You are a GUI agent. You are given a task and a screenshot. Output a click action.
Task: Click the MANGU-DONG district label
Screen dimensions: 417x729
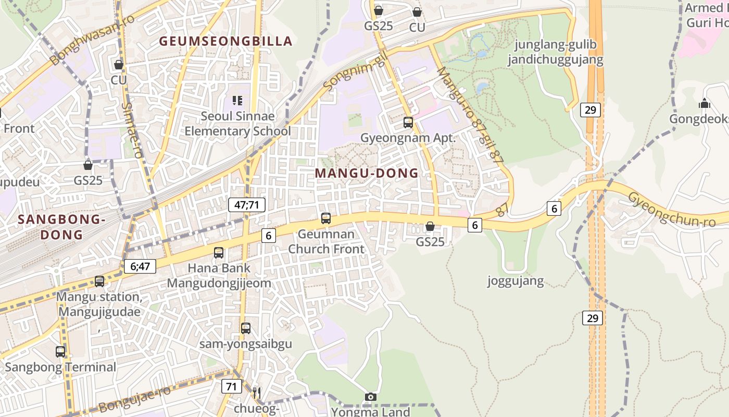click(x=367, y=173)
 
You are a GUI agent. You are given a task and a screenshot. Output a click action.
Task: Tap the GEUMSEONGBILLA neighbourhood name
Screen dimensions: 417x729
click(x=225, y=41)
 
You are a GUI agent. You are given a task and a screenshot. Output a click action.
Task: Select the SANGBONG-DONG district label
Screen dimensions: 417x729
click(x=61, y=227)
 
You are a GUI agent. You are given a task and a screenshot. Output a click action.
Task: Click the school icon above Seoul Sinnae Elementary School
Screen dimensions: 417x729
click(x=237, y=100)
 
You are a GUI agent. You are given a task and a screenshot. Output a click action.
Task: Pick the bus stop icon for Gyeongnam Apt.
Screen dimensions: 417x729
click(x=408, y=122)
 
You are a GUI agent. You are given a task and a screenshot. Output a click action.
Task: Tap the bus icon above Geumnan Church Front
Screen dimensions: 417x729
click(x=326, y=218)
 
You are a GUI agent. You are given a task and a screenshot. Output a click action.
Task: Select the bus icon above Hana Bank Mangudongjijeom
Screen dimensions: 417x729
click(x=219, y=253)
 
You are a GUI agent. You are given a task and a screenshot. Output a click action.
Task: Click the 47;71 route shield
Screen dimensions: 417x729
click(x=247, y=205)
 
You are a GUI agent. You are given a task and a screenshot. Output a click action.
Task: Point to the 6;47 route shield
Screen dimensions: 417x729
click(x=140, y=266)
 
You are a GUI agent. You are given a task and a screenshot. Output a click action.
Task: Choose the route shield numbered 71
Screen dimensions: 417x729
click(x=231, y=386)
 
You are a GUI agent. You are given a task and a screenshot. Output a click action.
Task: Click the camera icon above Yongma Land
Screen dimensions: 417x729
click(x=371, y=397)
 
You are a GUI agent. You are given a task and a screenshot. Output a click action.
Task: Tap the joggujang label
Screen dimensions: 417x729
click(x=516, y=281)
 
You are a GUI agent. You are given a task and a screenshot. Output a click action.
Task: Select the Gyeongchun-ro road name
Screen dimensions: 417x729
click(x=677, y=209)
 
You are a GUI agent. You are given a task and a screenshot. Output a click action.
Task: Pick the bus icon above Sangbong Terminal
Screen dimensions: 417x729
click(x=60, y=352)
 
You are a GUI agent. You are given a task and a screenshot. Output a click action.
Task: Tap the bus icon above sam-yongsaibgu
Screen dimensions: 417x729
click(x=246, y=328)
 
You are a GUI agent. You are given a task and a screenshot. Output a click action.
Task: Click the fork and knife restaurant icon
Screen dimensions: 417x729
click(x=256, y=393)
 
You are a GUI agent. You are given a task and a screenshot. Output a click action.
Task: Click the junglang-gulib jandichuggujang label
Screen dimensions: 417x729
click(x=556, y=52)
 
